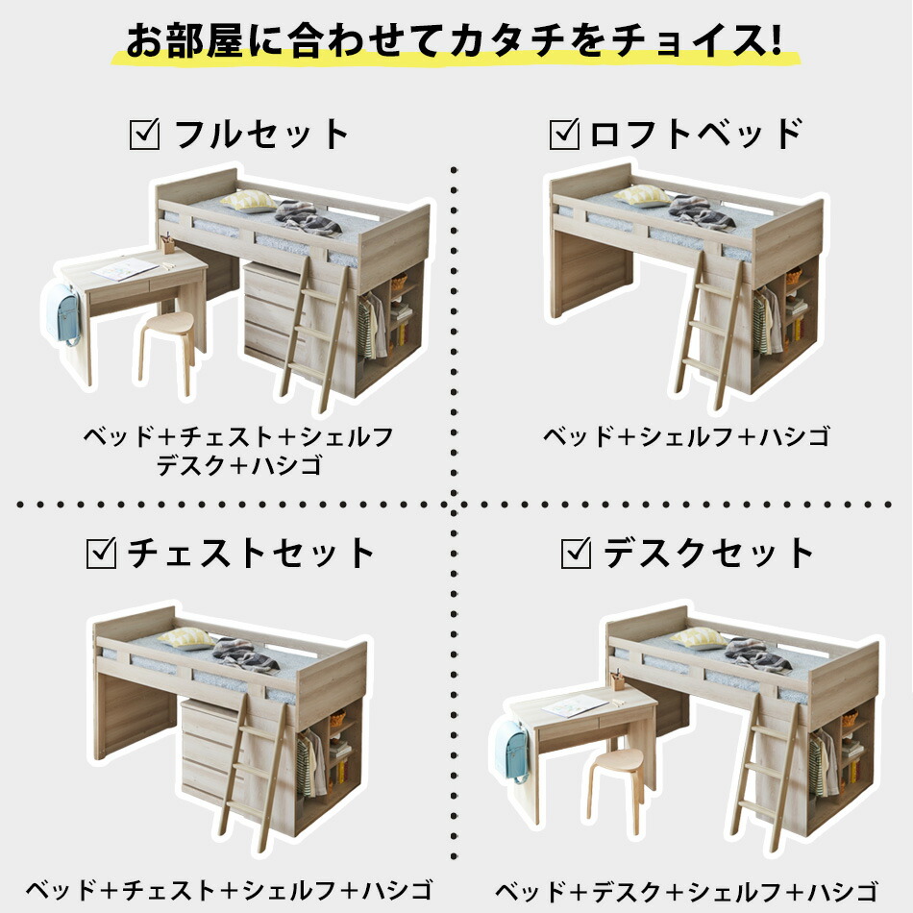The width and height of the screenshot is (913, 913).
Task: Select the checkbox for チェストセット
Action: [x=102, y=553]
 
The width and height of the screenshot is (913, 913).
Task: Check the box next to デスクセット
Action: [x=576, y=553]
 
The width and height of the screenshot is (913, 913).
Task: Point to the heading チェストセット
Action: [x=251, y=554]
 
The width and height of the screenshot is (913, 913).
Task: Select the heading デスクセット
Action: [x=709, y=554]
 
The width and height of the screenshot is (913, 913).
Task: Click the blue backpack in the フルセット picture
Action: [x=62, y=312]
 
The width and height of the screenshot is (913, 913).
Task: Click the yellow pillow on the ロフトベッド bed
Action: [x=643, y=195]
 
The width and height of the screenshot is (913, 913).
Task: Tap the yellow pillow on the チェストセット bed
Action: [x=186, y=637]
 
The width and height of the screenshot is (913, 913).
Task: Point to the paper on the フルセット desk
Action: [x=125, y=268]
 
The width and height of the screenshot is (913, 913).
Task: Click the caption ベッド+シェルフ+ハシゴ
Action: [x=685, y=437]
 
